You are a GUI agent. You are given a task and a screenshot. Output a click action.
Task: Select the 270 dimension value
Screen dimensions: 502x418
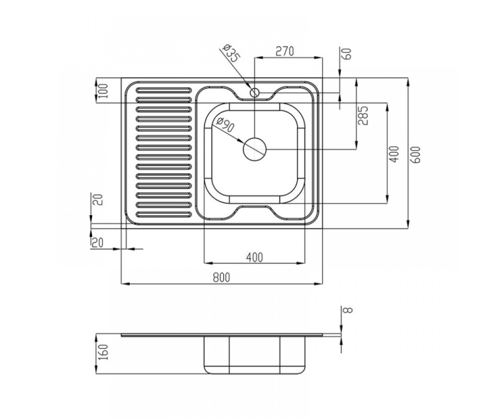[284, 51]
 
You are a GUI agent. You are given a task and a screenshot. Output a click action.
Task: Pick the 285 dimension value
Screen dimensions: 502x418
[363, 115]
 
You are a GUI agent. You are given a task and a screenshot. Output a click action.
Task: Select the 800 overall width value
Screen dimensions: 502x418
[221, 278]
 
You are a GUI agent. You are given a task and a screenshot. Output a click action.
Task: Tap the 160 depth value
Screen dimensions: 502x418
[104, 352]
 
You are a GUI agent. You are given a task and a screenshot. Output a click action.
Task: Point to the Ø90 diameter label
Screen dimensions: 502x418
[225, 125]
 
